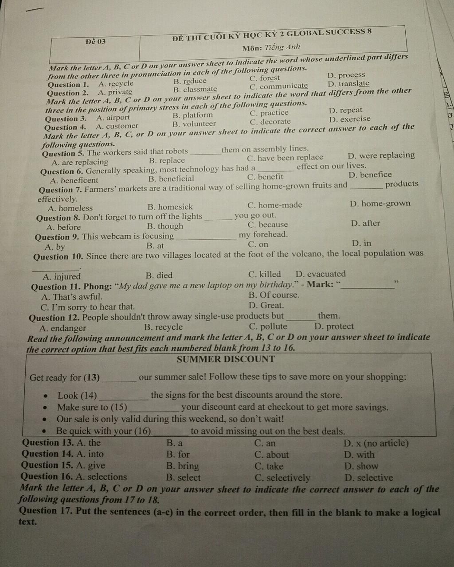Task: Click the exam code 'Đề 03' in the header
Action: (x=96, y=41)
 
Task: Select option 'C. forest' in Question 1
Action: (x=265, y=78)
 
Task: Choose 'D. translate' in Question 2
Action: (x=348, y=83)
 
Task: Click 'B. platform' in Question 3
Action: (x=192, y=115)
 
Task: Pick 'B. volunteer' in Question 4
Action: (x=194, y=124)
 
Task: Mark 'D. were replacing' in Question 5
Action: (x=381, y=155)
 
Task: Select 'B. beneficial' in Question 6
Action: (x=171, y=179)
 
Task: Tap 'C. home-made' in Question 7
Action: (x=275, y=205)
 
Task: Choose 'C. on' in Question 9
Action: (x=258, y=244)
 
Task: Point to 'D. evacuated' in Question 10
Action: (x=321, y=274)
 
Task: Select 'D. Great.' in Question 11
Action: (x=266, y=305)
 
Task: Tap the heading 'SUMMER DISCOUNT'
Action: (x=226, y=359)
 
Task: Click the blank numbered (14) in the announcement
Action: (x=123, y=396)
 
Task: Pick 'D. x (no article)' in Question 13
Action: (x=376, y=443)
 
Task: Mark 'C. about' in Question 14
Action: (x=271, y=455)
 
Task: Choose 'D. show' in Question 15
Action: (x=361, y=466)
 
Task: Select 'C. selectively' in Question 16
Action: (x=282, y=478)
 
